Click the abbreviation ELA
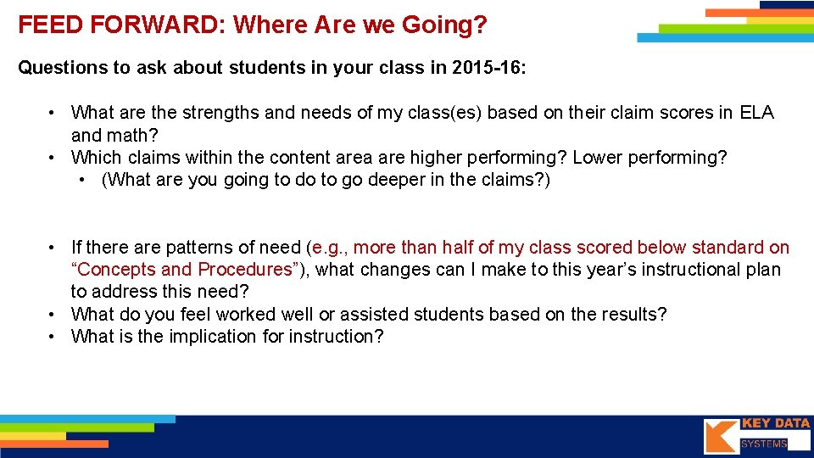click(x=756, y=113)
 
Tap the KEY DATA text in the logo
click(x=775, y=423)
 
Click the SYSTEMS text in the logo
click(x=763, y=444)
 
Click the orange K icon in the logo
click(x=720, y=436)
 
